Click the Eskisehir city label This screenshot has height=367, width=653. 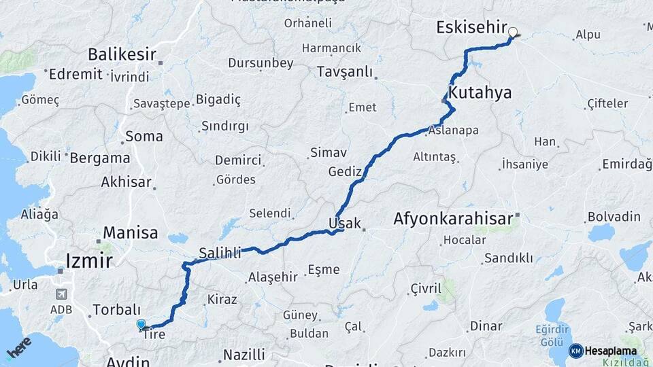(471, 29)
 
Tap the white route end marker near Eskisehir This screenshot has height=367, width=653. (512, 31)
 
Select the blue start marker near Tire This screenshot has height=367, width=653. (141, 325)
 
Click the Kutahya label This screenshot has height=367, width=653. (480, 92)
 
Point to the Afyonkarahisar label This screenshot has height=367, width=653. (452, 220)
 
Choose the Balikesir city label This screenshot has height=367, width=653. (122, 54)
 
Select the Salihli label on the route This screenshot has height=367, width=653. (220, 254)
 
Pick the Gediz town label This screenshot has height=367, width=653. (344, 171)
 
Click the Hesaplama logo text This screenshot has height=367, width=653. (610, 351)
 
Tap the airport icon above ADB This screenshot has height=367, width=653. (63, 294)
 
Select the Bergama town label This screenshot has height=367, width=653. (100, 158)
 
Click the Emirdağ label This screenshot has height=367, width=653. (626, 164)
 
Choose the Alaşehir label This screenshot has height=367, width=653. (273, 277)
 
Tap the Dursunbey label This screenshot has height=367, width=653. (261, 63)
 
